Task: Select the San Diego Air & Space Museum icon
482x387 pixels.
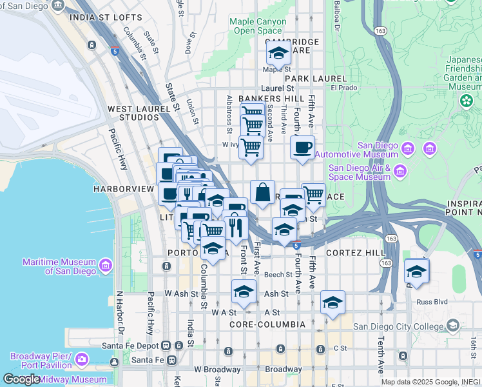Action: click(x=400, y=172)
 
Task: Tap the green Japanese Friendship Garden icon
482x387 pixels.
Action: click(x=466, y=101)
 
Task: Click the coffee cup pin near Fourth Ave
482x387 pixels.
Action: click(x=302, y=148)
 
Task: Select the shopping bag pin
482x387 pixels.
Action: click(x=262, y=192)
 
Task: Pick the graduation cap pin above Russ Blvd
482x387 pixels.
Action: click(x=417, y=271)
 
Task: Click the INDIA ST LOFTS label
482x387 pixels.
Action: click(x=104, y=17)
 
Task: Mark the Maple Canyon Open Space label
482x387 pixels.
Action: click(x=258, y=26)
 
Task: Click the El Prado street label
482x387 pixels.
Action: click(x=343, y=88)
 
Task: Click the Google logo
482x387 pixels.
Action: click(x=21, y=379)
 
